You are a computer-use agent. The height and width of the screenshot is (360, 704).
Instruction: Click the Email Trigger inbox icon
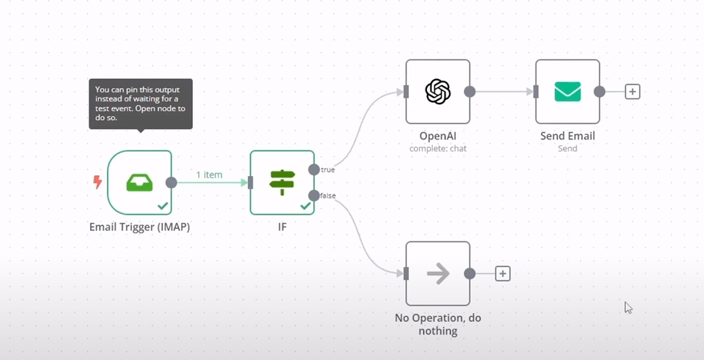pyautogui.click(x=139, y=183)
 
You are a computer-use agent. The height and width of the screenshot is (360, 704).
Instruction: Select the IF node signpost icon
pyautogui.click(x=282, y=182)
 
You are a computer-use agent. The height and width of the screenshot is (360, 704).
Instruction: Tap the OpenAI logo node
pyautogui.click(x=438, y=92)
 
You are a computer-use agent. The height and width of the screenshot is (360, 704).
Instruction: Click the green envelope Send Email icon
pyautogui.click(x=568, y=92)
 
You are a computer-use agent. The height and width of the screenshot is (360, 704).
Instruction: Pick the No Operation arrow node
pyautogui.click(x=438, y=274)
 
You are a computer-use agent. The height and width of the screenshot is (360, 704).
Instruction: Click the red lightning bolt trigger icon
pyautogui.click(x=98, y=182)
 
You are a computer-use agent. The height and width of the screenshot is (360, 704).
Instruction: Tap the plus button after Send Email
pyautogui.click(x=632, y=92)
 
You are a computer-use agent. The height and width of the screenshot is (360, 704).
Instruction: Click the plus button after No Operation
pyautogui.click(x=503, y=274)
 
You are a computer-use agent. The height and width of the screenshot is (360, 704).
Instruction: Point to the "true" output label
pyautogui.click(x=328, y=170)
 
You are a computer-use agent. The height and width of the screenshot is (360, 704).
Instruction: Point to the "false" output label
pyautogui.click(x=328, y=195)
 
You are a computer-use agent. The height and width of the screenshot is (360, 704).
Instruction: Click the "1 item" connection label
pyautogui.click(x=209, y=174)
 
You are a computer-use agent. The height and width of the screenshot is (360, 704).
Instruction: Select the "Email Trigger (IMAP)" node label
pyautogui.click(x=139, y=227)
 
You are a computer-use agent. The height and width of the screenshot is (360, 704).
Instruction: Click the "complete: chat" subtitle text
pyautogui.click(x=438, y=148)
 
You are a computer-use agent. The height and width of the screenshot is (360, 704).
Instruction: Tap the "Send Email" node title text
pyautogui.click(x=568, y=136)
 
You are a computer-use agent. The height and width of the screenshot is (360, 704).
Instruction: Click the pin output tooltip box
pyautogui.click(x=141, y=104)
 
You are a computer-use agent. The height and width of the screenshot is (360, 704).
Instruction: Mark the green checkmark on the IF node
pyautogui.click(x=305, y=206)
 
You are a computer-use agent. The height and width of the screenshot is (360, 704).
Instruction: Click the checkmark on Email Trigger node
pyautogui.click(x=162, y=206)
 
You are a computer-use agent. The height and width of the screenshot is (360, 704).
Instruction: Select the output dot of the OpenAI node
pyautogui.click(x=470, y=92)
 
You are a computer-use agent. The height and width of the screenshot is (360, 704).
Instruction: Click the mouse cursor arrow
pyautogui.click(x=628, y=307)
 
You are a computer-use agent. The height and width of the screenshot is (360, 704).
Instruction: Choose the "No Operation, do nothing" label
pyautogui.click(x=438, y=324)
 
